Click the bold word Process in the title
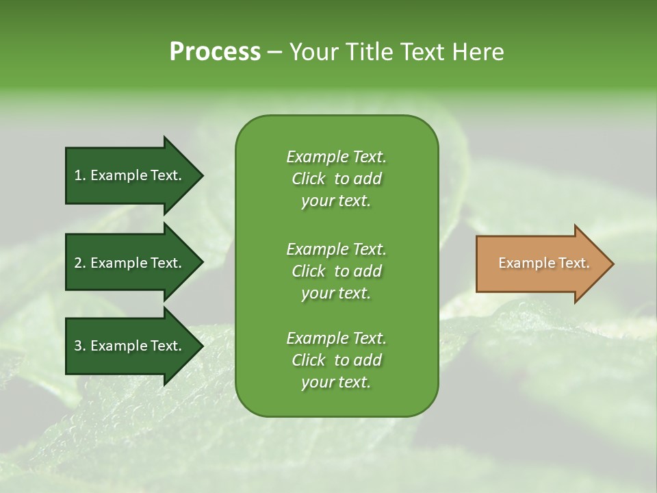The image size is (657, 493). click(x=215, y=51)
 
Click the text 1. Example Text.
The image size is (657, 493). click(x=128, y=175)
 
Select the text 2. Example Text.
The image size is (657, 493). click(x=128, y=263)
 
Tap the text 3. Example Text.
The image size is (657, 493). click(x=128, y=346)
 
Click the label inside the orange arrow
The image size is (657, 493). click(x=543, y=263)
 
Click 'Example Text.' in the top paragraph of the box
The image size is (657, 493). click(x=336, y=157)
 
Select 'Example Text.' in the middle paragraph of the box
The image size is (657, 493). click(x=336, y=249)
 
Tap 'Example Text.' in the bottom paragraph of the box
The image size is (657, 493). click(x=336, y=338)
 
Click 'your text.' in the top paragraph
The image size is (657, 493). click(x=336, y=201)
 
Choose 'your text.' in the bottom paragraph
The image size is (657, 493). click(x=336, y=383)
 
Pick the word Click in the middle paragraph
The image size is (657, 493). click(x=308, y=271)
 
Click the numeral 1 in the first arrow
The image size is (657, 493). click(x=77, y=175)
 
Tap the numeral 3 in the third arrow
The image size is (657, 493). click(x=77, y=346)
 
